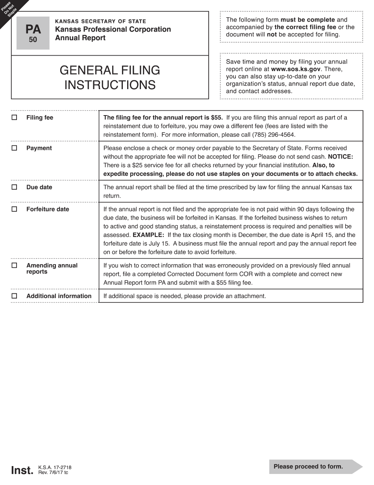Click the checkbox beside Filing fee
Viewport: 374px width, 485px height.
click(x=15, y=118)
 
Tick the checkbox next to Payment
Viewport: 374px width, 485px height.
click(x=15, y=148)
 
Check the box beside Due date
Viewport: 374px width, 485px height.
click(x=15, y=187)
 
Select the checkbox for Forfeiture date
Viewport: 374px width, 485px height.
click(x=15, y=209)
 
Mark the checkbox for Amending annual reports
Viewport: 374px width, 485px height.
click(x=15, y=265)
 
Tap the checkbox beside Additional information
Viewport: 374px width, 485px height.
click(x=15, y=296)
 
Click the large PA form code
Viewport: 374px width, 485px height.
click(x=33, y=30)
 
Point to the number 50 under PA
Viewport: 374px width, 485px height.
click(x=33, y=39)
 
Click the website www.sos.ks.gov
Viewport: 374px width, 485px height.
click(x=296, y=69)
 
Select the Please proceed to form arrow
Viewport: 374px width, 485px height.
click(x=315, y=466)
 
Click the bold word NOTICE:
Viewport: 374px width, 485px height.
click(x=341, y=157)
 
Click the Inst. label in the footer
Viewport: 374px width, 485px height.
click(x=22, y=470)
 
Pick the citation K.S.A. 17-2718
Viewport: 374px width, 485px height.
click(x=55, y=468)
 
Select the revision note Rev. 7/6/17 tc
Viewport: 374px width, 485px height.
click(x=53, y=472)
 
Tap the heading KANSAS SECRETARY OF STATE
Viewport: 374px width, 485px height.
click(x=100, y=21)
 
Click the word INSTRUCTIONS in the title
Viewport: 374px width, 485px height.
click(x=110, y=85)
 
